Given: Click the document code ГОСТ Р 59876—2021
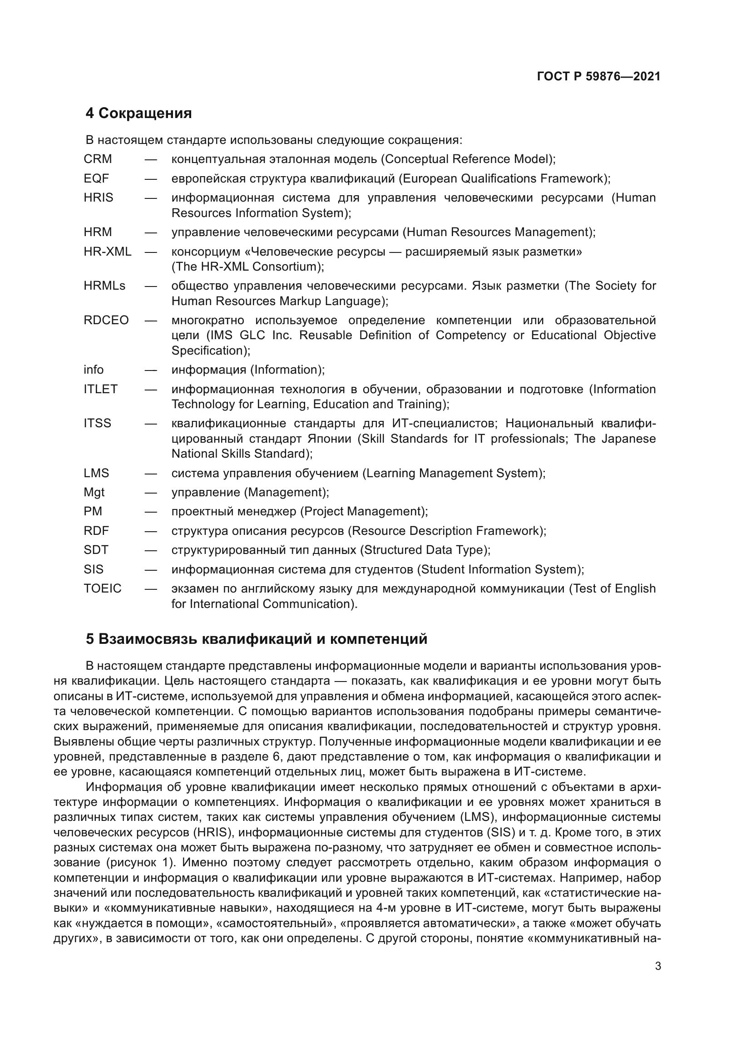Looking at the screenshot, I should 598,76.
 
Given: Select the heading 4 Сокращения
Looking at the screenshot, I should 138,113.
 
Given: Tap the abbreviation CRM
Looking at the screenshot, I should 98,159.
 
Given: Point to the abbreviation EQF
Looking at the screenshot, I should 96,178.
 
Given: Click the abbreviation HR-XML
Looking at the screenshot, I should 107,252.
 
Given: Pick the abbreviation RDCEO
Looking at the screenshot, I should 106,320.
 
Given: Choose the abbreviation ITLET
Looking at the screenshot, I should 100,389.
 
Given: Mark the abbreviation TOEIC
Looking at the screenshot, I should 102,588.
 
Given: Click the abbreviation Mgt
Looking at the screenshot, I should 94,492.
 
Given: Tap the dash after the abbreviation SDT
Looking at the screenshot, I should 151,550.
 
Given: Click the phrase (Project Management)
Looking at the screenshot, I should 363,512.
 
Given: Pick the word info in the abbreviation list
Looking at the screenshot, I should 94,370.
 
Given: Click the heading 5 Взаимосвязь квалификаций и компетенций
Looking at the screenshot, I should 257,639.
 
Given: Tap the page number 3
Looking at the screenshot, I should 658,966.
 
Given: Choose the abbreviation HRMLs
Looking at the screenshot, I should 104,286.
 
